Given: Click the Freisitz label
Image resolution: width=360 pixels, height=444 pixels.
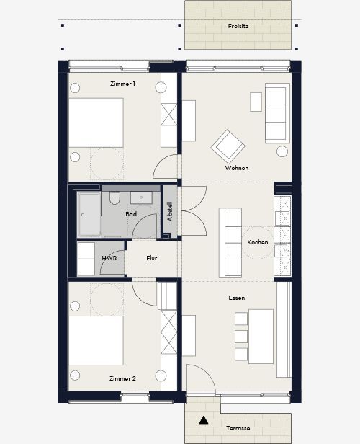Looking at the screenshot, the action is (238, 26).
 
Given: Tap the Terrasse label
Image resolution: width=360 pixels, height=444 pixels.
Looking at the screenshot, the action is (238, 428).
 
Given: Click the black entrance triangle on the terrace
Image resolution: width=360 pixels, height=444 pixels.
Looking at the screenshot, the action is (203, 420).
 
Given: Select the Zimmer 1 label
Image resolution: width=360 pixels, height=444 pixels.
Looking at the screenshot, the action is (122, 84).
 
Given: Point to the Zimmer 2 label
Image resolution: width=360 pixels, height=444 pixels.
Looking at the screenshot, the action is (122, 378).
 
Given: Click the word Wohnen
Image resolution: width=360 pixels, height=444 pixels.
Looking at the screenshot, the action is (237, 168).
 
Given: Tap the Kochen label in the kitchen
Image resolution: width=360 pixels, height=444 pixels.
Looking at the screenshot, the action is (258, 242).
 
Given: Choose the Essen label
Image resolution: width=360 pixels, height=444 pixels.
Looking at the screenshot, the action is (237, 298).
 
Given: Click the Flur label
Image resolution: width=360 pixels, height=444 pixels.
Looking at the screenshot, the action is (152, 258).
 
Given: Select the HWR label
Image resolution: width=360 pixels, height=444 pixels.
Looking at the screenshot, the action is (109, 258).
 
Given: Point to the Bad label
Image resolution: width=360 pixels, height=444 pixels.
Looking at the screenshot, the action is (131, 214).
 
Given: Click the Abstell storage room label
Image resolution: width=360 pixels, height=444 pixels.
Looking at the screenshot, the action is (170, 211).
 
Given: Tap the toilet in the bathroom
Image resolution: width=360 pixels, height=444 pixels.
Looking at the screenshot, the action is (114, 198).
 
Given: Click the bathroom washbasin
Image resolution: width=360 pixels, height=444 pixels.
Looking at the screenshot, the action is (141, 197).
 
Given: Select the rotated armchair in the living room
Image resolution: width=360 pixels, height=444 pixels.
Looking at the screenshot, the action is (228, 146).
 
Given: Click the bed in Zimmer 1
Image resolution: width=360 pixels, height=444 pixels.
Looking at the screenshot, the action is (96, 123).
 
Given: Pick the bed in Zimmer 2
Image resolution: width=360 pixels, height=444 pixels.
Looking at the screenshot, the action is (96, 340).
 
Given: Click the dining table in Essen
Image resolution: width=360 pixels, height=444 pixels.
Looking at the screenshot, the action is (261, 337).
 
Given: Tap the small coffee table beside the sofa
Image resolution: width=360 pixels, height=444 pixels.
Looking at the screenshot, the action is (256, 102).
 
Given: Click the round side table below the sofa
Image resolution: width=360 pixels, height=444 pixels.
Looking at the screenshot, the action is (282, 151).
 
